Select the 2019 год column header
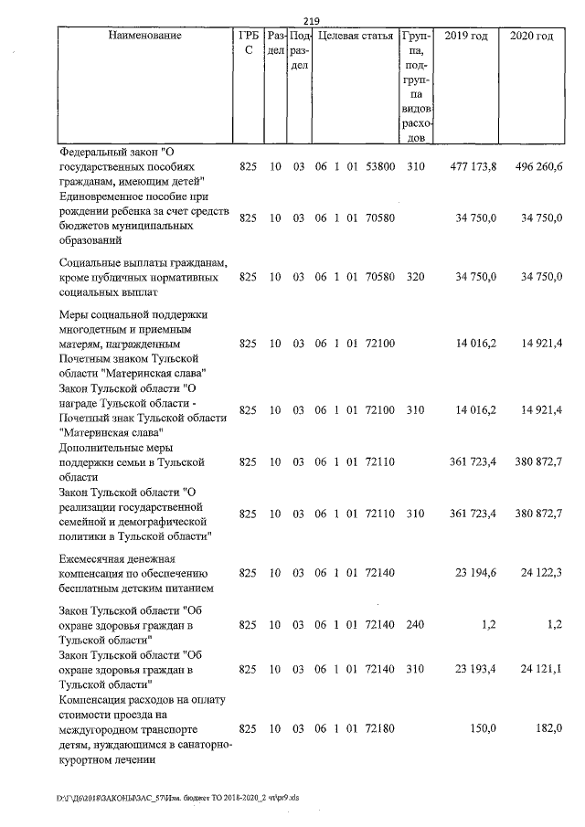coord(465,36)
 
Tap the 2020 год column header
coord(531,36)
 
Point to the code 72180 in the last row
coord(379,730)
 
